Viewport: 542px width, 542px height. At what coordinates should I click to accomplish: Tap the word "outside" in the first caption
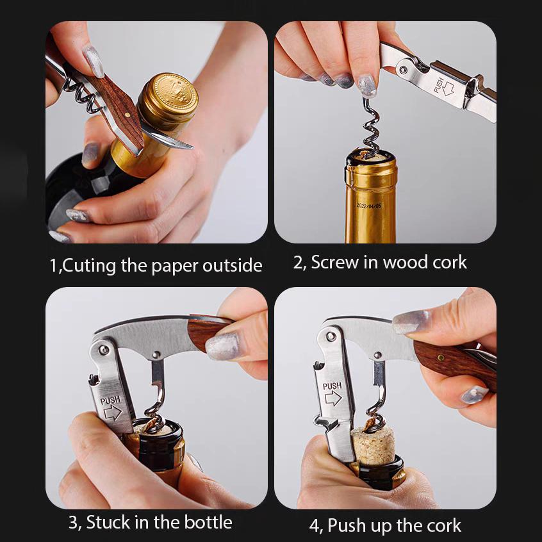point(233,265)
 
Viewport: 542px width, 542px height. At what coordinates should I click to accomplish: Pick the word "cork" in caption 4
point(444,526)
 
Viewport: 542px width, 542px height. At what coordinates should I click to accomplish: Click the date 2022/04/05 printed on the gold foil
point(369,206)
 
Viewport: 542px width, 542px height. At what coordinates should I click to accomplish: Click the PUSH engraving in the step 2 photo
point(439,85)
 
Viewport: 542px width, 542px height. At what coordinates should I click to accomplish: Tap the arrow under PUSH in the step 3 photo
point(113,413)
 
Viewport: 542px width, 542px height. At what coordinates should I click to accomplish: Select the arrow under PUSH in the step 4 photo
point(333,398)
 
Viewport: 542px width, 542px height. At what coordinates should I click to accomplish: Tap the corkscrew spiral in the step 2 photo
point(371,129)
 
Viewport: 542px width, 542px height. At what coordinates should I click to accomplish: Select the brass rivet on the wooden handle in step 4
point(441,357)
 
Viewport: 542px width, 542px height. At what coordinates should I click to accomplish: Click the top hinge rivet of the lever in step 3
point(104,350)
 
